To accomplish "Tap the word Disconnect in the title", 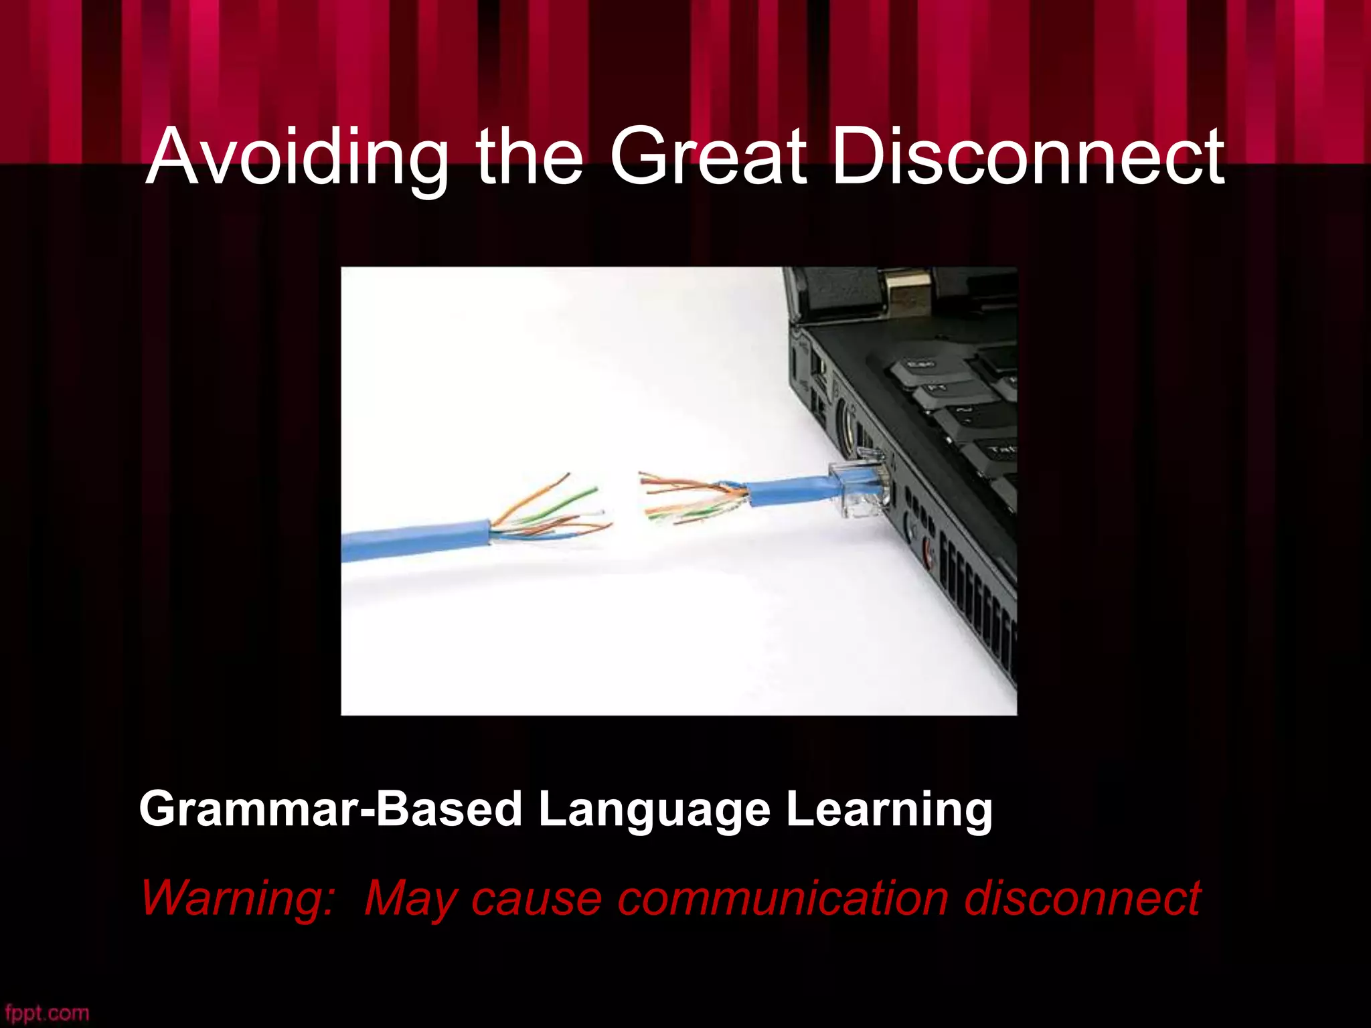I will pyautogui.click(x=1028, y=157).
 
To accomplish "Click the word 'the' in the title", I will pyautogui.click(x=529, y=157).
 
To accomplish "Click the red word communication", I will pyautogui.click(x=783, y=898).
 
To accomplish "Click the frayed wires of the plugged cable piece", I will pyautogui.click(x=690, y=499).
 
